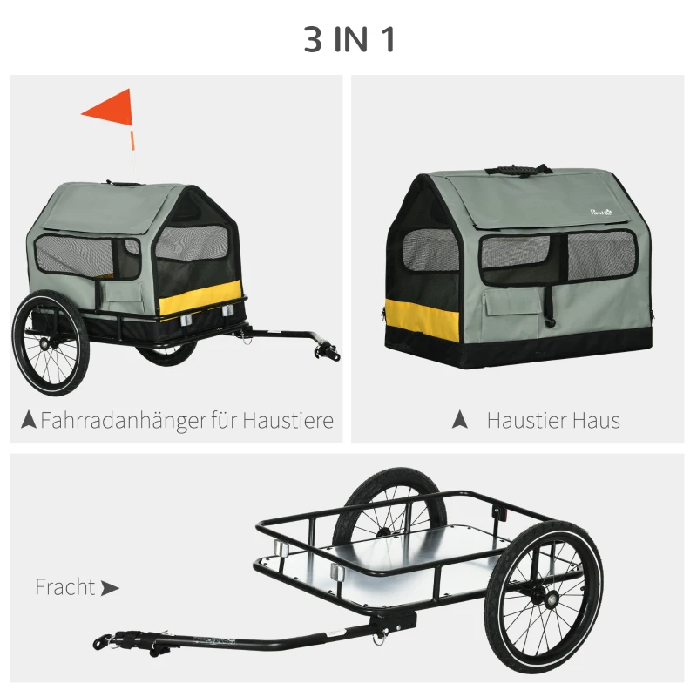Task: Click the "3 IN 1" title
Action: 348,40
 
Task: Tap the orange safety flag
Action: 110,110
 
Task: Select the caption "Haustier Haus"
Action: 553,421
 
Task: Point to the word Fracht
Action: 64,587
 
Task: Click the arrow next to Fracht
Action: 110,588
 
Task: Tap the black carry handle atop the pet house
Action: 518,169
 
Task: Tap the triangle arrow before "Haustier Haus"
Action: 460,421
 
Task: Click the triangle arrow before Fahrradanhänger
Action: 28,421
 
